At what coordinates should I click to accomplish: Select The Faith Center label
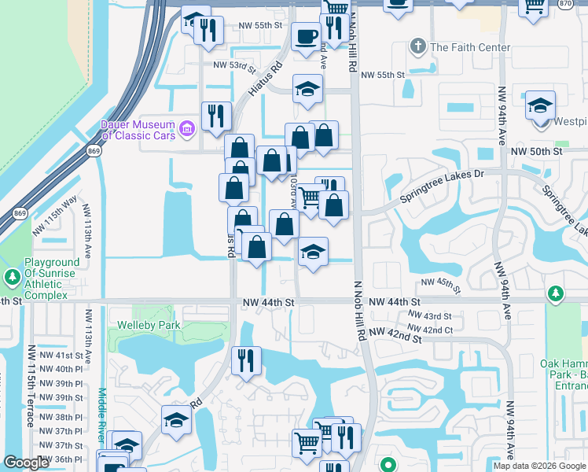[x=464, y=47]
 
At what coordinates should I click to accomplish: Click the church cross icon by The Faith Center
[x=418, y=47]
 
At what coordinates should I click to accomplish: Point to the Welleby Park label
[x=149, y=325]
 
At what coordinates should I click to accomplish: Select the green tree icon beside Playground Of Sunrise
[x=12, y=277]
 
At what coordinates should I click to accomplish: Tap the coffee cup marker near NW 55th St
[x=305, y=35]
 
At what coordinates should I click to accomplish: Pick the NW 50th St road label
[x=537, y=150]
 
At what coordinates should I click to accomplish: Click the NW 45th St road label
[x=439, y=282]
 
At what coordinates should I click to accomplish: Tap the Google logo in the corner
[x=26, y=463]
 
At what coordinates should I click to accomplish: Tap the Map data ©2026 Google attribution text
[x=539, y=466]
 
